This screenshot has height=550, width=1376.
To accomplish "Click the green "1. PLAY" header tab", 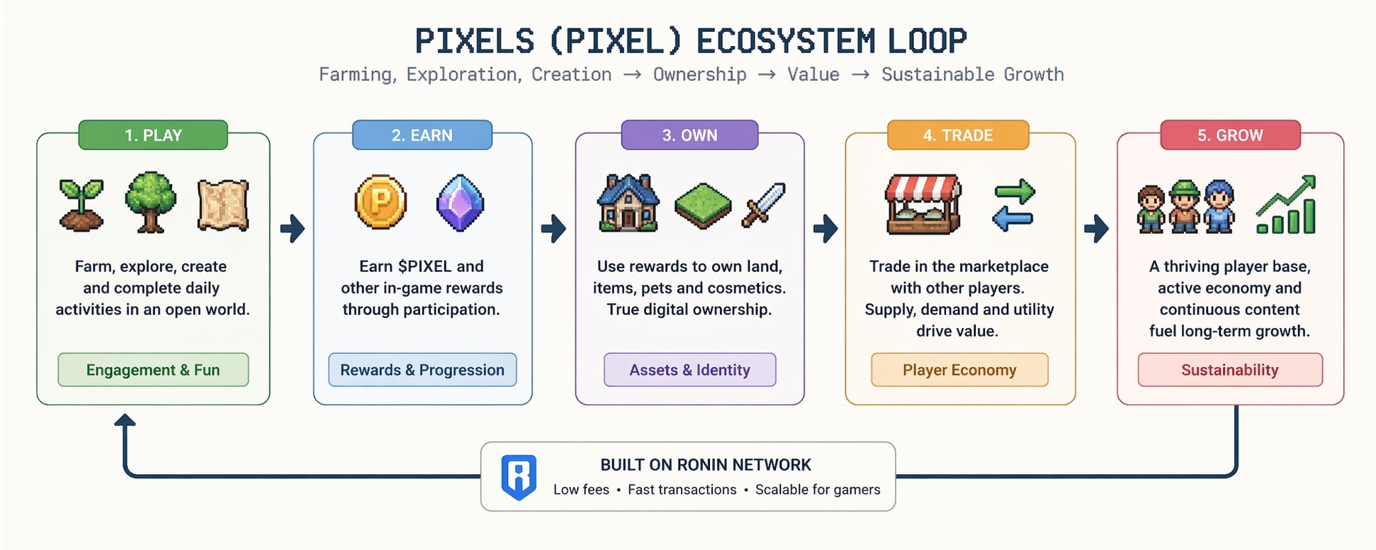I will tap(153, 135).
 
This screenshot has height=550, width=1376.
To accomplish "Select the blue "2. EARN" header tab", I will tap(422, 135).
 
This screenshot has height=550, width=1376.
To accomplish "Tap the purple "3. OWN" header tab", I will tap(689, 135).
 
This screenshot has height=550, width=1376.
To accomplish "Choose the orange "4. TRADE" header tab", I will tap(957, 135).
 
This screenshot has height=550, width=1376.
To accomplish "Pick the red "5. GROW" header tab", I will tap(1230, 135).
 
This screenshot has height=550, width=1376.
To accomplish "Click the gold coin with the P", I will tap(380, 202).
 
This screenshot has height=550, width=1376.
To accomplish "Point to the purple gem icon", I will tap(460, 203).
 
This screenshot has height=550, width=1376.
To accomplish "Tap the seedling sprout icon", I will tap(81, 206).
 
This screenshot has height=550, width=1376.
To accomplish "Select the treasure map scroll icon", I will tap(222, 205).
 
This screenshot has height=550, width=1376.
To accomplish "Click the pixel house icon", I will tap(628, 203).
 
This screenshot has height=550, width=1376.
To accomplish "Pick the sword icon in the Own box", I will tap(763, 205).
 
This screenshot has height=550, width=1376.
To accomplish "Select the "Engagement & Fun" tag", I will tap(153, 370).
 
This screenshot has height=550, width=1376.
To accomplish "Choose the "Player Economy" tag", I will tap(959, 370).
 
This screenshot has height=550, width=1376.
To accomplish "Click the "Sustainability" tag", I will tap(1230, 370).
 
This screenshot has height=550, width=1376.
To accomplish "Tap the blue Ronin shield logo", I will tap(519, 477).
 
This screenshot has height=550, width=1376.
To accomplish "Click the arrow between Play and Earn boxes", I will tap(292, 228).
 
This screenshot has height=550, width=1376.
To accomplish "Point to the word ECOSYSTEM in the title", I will tap(785, 41).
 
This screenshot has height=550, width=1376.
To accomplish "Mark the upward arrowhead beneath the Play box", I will tap(125, 420).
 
